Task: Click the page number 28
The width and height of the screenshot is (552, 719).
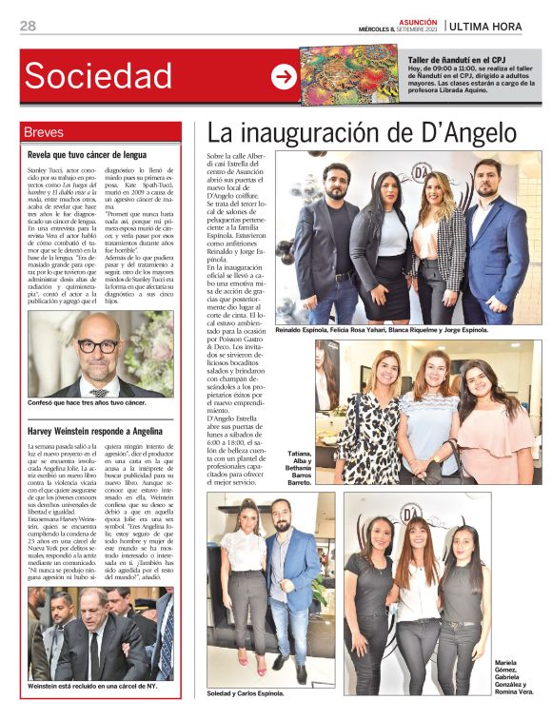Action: [28, 26]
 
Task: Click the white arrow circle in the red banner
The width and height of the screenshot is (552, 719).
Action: [284, 77]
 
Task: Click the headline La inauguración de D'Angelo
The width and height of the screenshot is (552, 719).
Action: [362, 133]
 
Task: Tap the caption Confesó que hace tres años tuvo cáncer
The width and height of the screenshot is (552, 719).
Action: [88, 402]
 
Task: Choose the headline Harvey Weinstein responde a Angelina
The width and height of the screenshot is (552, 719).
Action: [96, 427]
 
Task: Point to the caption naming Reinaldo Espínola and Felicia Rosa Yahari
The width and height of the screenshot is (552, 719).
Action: [381, 330]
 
